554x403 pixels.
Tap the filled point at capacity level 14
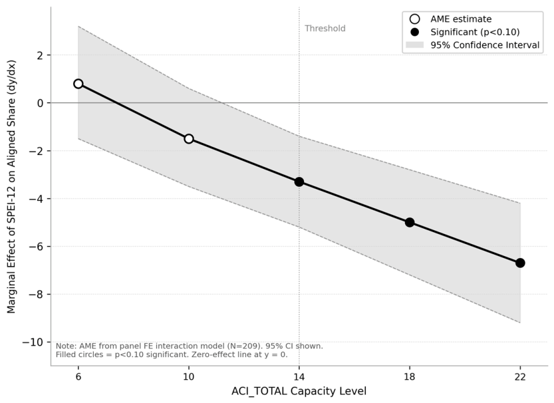click(x=299, y=182)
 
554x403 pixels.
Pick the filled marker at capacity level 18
click(x=410, y=223)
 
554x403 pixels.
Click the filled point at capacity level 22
click(x=520, y=263)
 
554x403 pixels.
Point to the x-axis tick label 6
click(x=78, y=377)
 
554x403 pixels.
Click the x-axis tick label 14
click(x=299, y=377)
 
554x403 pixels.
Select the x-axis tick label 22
click(x=520, y=377)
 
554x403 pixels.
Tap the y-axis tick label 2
click(x=40, y=55)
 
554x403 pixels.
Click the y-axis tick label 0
click(x=40, y=103)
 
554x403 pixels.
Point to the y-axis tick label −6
click(x=36, y=247)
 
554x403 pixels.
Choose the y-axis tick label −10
click(x=33, y=342)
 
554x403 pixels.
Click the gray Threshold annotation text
click(x=325, y=29)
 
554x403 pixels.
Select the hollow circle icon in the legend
click(x=414, y=19)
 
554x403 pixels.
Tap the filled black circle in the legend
click(x=414, y=32)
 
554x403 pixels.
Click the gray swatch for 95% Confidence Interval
click(x=414, y=45)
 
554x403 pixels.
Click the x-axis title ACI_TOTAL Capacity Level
click(x=299, y=391)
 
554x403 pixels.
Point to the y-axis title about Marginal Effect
click(x=11, y=186)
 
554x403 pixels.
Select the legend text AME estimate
click(x=461, y=19)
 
